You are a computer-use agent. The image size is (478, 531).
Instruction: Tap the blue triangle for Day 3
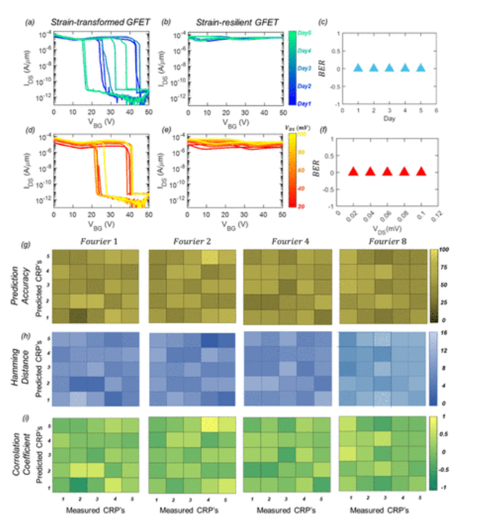(x=389, y=68)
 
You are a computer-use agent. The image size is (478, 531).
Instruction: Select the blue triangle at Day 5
(x=422, y=68)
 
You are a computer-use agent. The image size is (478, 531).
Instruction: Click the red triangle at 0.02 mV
(x=355, y=172)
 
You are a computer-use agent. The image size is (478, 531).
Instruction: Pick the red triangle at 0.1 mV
(x=422, y=172)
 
